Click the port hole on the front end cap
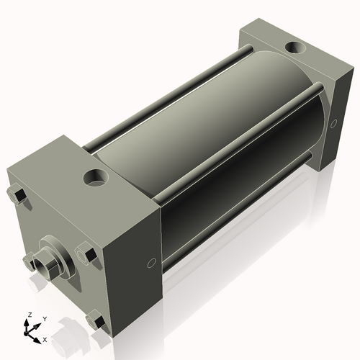(94, 176)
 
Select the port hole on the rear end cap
(294, 50)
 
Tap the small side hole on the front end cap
(151, 262)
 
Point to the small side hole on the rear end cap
(333, 124)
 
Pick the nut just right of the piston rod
(85, 255)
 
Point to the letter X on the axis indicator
(45, 338)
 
